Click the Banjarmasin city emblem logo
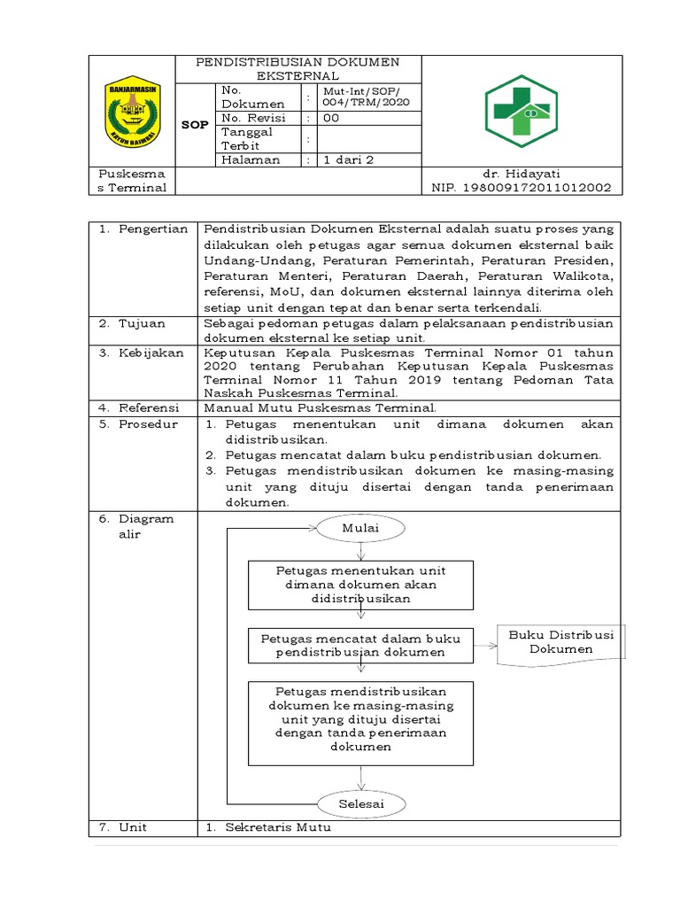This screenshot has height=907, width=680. coord(132,111)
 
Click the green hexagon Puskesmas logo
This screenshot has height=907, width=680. coord(520,111)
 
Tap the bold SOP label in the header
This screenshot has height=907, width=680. coord(195,125)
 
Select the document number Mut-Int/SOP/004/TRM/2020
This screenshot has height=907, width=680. coord(359,97)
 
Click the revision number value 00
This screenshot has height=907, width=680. coord(331,118)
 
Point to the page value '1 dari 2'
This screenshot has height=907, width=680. coord(349,160)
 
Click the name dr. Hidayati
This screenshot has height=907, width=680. coord(521,174)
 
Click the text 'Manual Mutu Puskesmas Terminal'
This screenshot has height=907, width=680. coord(321,408)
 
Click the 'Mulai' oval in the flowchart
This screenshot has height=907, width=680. coord(360,529)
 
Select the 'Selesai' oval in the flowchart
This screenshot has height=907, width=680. coord(360,803)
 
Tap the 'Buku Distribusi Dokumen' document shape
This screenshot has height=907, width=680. coord(561,643)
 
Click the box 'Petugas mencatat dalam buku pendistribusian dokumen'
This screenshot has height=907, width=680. coord(360,645)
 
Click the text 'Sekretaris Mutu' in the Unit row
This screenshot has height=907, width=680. coord(277,827)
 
